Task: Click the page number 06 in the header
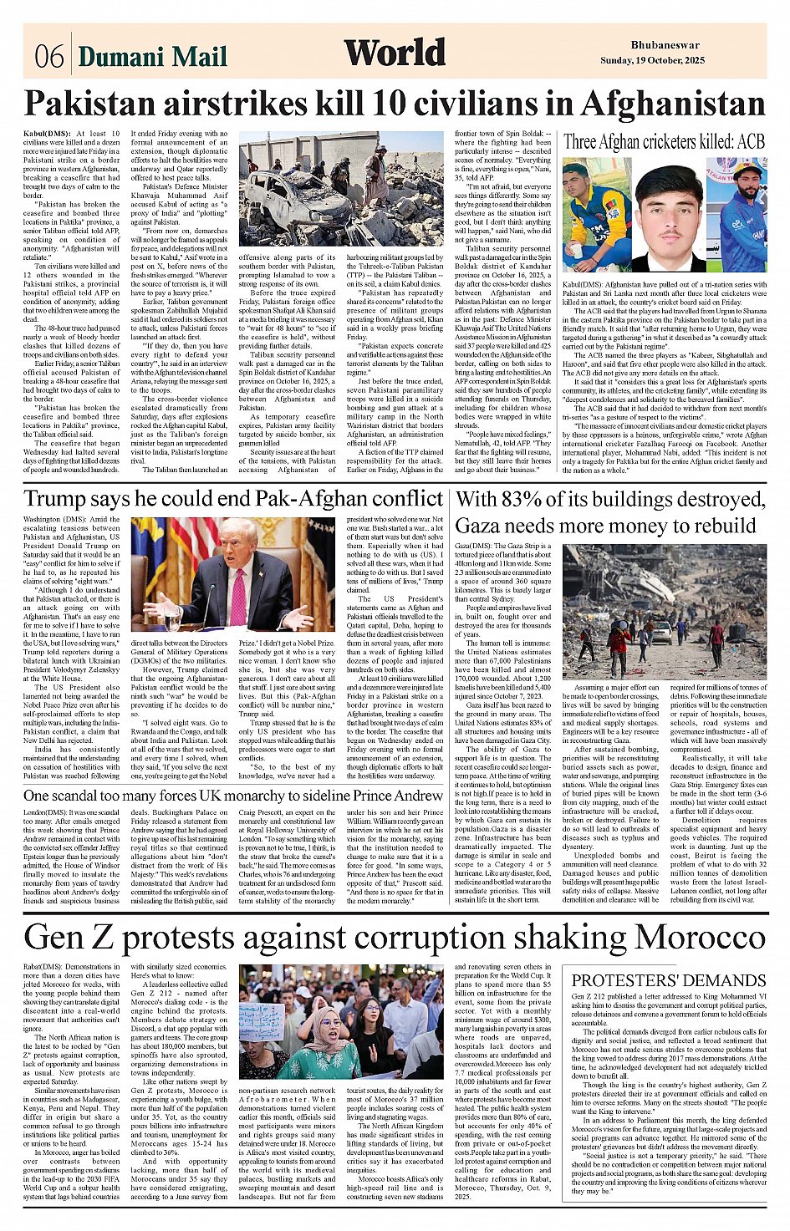pyautogui.click(x=49, y=57)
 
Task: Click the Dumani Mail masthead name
pyautogui.click(x=152, y=57)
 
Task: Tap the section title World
pyautogui.click(x=395, y=53)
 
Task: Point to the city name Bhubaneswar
pyautogui.click(x=665, y=45)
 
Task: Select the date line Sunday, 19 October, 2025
pyautogui.click(x=652, y=60)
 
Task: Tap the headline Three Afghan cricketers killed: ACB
pyautogui.click(x=665, y=141)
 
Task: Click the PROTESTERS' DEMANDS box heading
pyautogui.click(x=669, y=980)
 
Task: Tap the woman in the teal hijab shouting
pyautogui.click(x=328, y=1045)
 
